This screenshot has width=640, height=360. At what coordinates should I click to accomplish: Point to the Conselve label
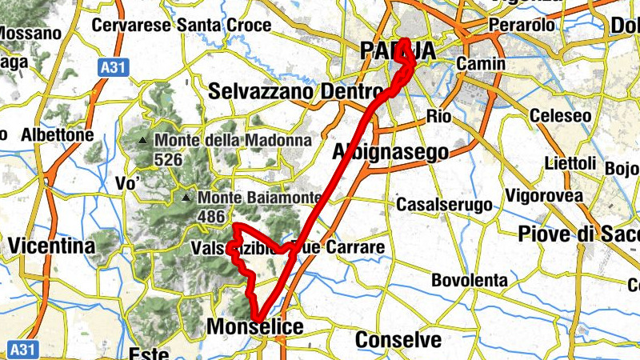point(398,339)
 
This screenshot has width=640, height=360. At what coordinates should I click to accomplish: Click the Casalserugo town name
point(444,205)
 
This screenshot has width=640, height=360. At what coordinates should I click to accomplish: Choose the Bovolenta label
point(470,280)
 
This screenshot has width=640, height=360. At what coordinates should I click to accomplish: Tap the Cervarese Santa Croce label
point(182,25)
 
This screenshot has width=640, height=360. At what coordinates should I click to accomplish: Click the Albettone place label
point(58,134)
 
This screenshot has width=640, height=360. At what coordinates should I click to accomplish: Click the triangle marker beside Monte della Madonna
point(142,141)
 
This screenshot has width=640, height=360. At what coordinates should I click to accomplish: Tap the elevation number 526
point(169,160)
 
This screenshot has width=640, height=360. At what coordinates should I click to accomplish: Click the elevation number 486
point(210,216)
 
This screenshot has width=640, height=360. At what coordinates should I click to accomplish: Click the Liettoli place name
point(570,163)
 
